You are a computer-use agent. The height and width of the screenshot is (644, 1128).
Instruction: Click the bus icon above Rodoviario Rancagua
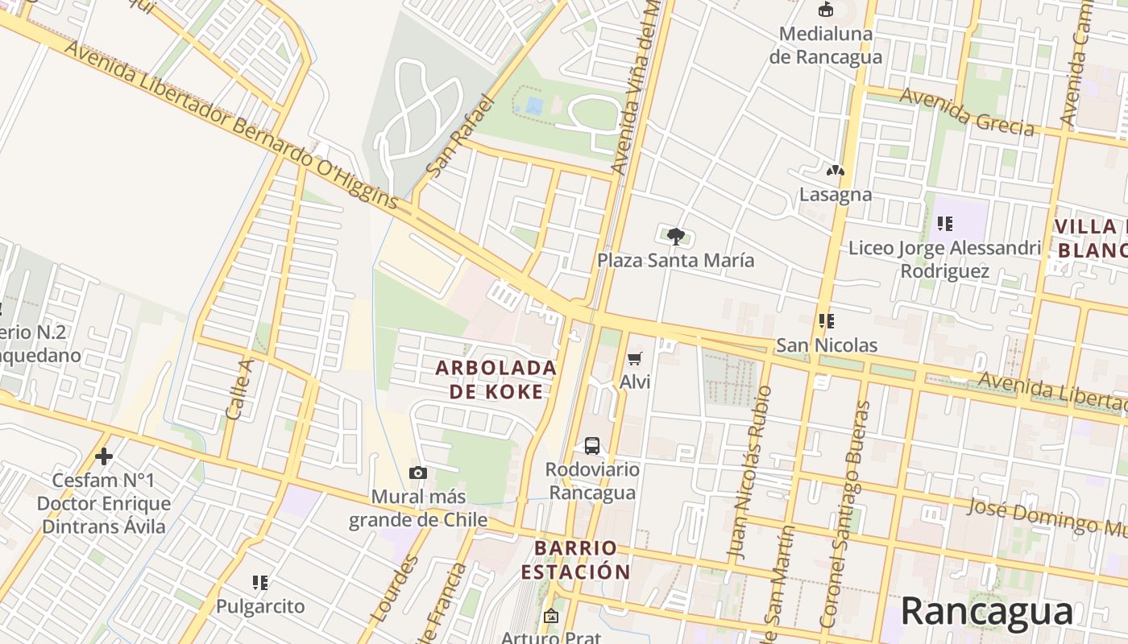point(591,445)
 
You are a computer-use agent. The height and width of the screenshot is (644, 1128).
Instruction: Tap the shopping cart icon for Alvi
point(635,358)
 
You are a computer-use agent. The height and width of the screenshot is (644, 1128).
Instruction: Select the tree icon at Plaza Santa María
point(676,236)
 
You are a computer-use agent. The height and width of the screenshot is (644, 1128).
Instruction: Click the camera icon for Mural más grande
point(418,473)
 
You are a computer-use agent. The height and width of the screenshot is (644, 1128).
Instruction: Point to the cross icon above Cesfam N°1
point(104,456)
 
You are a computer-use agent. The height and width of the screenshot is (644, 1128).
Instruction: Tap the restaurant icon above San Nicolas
point(826,321)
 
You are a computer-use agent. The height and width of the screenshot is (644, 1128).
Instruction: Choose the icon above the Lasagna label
point(835,171)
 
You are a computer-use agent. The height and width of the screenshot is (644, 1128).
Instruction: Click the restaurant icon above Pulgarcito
point(259,582)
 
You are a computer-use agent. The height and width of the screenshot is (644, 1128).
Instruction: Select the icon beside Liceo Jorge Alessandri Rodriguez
point(945,223)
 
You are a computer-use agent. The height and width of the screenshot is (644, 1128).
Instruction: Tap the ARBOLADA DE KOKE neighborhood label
point(496,379)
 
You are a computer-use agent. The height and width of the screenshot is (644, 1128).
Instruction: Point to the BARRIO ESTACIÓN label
point(575,560)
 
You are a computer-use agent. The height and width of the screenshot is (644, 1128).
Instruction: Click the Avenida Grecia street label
point(967,111)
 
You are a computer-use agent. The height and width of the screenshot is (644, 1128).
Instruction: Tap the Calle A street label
point(239,389)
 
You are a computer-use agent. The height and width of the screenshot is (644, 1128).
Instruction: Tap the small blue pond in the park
point(533,105)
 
